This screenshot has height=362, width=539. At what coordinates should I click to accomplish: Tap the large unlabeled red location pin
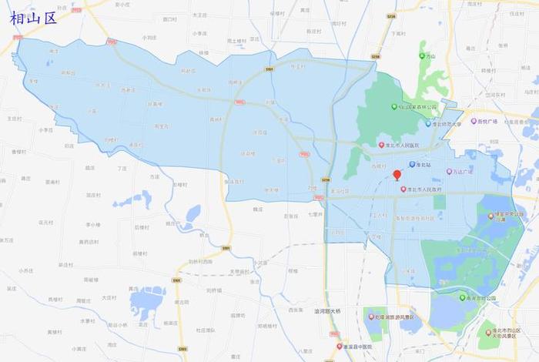[397, 176]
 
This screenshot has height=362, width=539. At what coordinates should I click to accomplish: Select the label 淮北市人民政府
[429, 189]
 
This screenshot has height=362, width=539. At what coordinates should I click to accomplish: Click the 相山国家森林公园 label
[417, 107]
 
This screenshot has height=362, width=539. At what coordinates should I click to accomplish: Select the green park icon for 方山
[422, 55]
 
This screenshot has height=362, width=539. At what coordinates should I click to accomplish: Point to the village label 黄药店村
[89, 241]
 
